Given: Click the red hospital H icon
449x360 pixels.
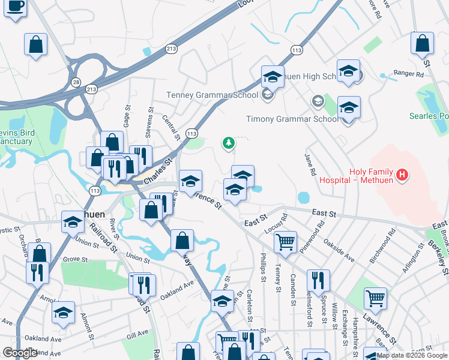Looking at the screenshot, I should (403, 175).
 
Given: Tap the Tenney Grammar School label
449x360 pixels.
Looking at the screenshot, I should (212, 95).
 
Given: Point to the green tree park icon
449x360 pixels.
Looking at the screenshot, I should (228, 143).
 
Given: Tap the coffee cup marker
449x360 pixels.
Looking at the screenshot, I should (16, 8).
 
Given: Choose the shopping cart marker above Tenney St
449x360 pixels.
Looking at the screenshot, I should (285, 242).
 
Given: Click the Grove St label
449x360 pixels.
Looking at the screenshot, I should (75, 259).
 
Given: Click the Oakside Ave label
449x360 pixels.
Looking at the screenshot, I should (338, 249).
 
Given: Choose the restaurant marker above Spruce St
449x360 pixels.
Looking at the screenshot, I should (318, 280).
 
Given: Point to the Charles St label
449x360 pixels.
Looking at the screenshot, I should (157, 171).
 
